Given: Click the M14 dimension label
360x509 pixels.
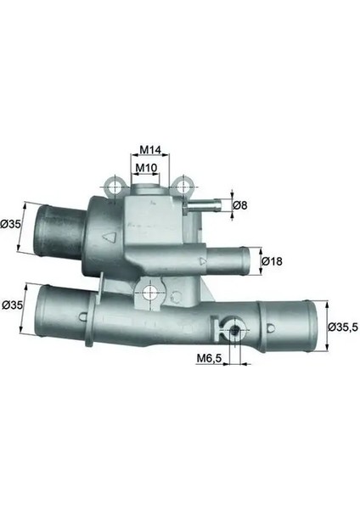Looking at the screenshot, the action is click(150, 150).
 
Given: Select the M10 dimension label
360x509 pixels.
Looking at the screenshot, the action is click(146, 168).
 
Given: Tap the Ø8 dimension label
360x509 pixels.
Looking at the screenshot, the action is click(240, 205).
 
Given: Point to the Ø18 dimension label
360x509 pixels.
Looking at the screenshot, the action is click(272, 261).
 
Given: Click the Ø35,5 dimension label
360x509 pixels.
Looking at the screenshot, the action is click(344, 327).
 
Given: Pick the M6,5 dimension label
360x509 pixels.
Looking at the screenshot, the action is click(209, 358).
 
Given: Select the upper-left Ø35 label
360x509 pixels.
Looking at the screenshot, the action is click(10, 224).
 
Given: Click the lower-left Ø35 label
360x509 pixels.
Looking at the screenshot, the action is click(12, 305).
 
